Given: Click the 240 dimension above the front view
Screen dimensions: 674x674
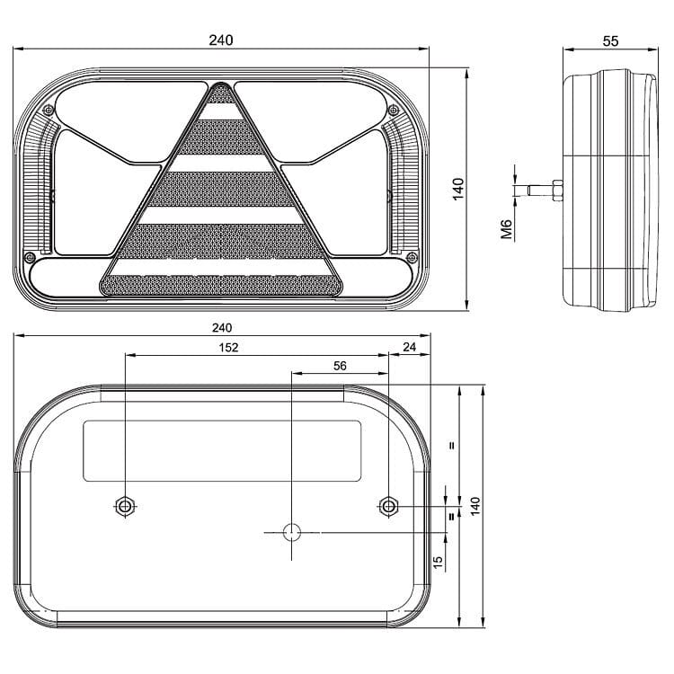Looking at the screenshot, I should click(221, 40).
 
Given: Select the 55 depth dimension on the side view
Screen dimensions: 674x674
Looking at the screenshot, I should click(610, 40).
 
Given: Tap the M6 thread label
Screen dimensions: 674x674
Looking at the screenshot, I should click(506, 231).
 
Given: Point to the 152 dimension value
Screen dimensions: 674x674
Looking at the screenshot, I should click(229, 348).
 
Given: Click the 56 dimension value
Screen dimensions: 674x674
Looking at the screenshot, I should click(340, 366).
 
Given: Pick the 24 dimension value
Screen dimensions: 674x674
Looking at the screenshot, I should click(411, 348).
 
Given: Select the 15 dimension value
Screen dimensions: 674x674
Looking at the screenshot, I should click(438, 561).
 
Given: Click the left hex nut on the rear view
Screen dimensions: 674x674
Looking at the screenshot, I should click(124, 506).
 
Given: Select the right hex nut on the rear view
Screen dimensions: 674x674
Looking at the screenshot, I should click(387, 506).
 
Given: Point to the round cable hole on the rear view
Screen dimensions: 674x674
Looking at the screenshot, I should click(291, 532).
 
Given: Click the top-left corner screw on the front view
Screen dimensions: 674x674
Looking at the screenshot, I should click(49, 110).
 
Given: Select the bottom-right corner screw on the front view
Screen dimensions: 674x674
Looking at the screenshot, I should click(410, 258).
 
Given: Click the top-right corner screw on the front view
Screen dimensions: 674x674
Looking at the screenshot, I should click(394, 110).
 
